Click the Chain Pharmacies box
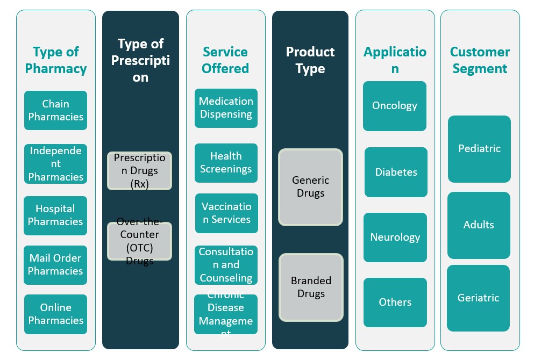[55, 110]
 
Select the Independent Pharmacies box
[55, 164]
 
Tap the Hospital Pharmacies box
[55, 215]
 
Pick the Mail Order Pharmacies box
[55, 265]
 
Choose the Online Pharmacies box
[55, 314]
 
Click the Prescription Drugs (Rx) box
[139, 171]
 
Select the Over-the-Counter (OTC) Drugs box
[139, 241]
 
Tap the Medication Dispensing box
[226, 108]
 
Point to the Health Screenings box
[226, 163]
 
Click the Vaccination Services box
[226, 213]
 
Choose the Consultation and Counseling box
[226, 265]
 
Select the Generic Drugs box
[310, 187]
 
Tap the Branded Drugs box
[310, 287]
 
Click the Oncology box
[394, 106]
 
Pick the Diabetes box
[396, 172]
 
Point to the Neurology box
[395, 237]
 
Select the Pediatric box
[479, 149]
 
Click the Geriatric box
[478, 298]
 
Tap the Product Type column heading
[310, 60]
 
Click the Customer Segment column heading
[480, 60]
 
